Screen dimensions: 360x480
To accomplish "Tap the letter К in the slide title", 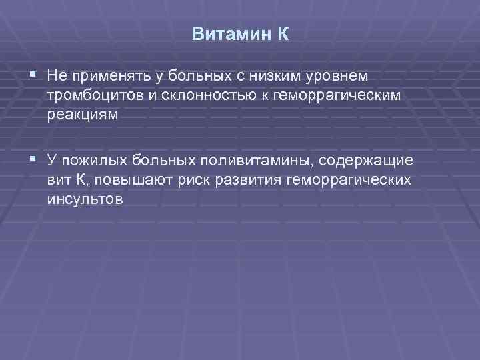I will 283,34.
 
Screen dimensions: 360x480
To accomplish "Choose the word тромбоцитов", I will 95,96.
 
